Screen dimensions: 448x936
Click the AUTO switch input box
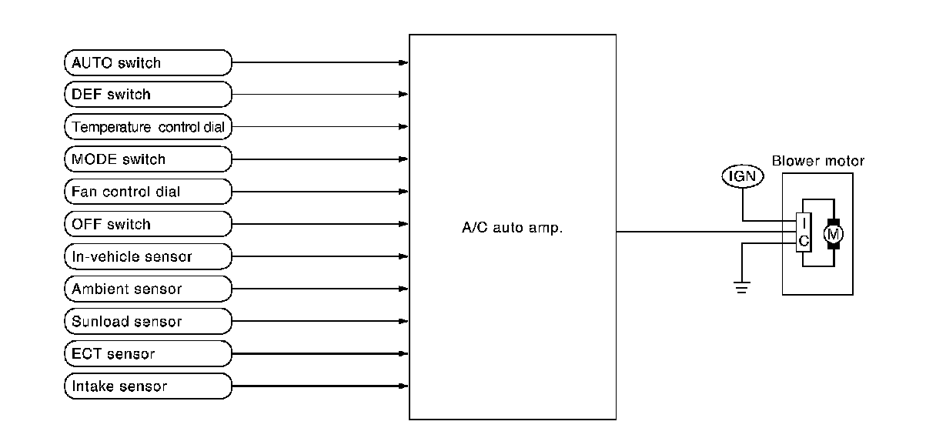click(147, 62)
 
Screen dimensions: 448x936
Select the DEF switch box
click(147, 95)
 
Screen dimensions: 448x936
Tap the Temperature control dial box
click(147, 127)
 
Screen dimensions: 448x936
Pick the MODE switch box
click(147, 159)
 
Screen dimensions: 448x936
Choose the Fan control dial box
click(147, 192)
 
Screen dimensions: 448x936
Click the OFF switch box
click(147, 224)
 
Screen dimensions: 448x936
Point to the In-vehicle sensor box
click(147, 256)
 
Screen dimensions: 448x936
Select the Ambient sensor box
click(147, 289)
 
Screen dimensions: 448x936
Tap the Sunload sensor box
click(147, 322)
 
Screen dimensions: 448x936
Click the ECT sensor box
click(147, 354)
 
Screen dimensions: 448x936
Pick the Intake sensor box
click(147, 386)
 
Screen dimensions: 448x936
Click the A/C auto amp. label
click(512, 228)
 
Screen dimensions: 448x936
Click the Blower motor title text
click(817, 162)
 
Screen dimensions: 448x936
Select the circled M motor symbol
click(834, 232)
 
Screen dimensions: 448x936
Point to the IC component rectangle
click(804, 232)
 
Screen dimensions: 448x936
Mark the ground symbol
click(742, 289)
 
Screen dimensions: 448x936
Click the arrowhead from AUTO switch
click(403, 62)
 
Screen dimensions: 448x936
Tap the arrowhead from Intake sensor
click(403, 386)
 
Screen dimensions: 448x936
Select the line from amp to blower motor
click(693, 231)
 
